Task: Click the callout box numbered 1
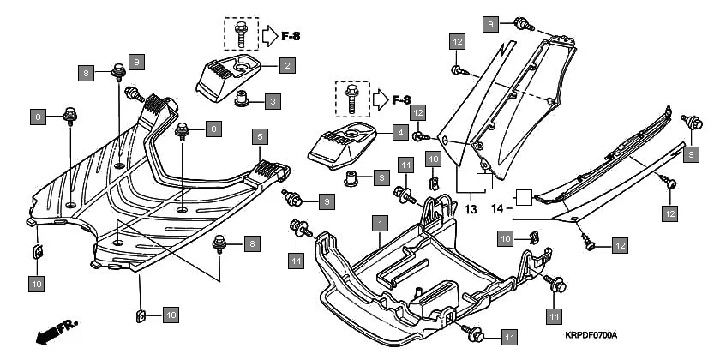tap(376, 222)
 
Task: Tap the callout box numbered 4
tap(400, 133)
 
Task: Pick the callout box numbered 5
tap(260, 135)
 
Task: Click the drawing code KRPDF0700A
tap(591, 335)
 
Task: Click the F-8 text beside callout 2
tap(291, 36)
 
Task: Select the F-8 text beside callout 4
tap(405, 100)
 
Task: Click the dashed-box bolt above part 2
tap(241, 33)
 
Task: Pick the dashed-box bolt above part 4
tap(351, 99)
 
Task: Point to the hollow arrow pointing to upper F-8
tap(268, 36)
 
